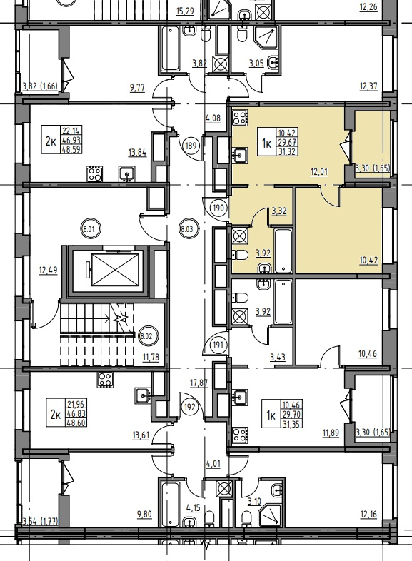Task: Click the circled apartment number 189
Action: tap(191, 146)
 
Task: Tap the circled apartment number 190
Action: tap(219, 208)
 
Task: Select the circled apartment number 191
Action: tap(218, 345)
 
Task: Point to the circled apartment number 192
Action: tap(191, 407)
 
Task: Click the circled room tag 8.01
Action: tap(88, 228)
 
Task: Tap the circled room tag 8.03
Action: tap(187, 229)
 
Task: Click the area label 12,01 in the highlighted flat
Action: tap(319, 172)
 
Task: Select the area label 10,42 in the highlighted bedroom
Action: tap(368, 260)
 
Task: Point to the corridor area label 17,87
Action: tap(199, 383)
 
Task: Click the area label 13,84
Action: tap(138, 153)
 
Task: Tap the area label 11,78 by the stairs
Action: tap(151, 357)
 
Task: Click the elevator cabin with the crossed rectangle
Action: tap(115, 270)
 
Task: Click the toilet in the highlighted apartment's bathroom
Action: tap(240, 254)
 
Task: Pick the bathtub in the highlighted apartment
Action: tap(283, 251)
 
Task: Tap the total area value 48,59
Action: tap(71, 149)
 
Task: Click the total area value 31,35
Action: tap(291, 425)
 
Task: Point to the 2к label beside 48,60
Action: tap(55, 415)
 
